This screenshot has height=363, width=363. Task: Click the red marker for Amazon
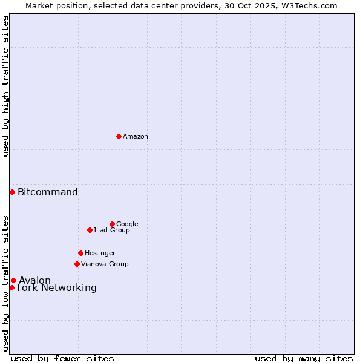click(119, 136)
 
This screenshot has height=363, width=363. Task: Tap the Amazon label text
click(135, 137)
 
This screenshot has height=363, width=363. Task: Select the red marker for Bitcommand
click(12, 192)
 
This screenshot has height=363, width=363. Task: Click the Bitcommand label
click(48, 192)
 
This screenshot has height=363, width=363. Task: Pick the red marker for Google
click(112, 224)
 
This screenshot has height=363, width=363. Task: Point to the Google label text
click(127, 224)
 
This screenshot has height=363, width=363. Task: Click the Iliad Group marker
click(90, 230)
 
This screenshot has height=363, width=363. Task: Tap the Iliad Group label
click(111, 231)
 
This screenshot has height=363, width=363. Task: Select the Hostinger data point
click(80, 253)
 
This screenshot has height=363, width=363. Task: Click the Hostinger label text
click(100, 253)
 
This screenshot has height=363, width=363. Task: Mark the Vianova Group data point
click(77, 264)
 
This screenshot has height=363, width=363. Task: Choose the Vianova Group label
click(105, 264)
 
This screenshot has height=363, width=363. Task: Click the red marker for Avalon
click(13, 280)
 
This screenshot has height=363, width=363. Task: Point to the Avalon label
click(34, 281)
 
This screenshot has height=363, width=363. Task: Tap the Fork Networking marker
click(11, 287)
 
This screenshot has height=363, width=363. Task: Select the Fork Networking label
click(57, 288)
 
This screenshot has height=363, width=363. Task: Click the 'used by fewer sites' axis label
click(62, 358)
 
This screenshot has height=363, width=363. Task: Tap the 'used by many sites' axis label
click(304, 358)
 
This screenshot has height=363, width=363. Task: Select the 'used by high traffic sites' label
click(6, 86)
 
